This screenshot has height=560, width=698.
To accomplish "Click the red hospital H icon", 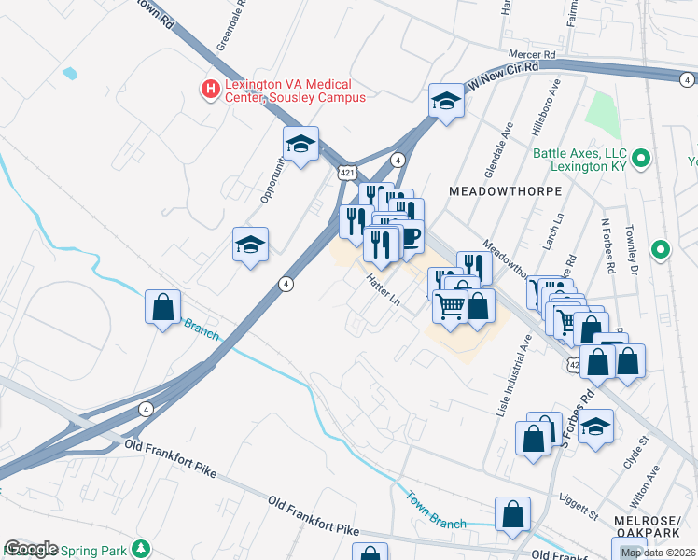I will [x=210, y=89].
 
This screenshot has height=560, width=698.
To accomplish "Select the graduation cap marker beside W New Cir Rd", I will [x=447, y=101].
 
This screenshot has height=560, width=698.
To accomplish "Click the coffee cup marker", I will [x=410, y=234].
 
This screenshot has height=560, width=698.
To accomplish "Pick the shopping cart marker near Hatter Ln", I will [x=451, y=306].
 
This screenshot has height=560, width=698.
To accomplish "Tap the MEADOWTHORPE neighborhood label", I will [x=505, y=190].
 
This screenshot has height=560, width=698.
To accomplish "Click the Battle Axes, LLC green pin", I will [x=640, y=158].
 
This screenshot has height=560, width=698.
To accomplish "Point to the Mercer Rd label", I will [x=531, y=55].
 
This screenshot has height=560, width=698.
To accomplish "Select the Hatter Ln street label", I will [x=383, y=290].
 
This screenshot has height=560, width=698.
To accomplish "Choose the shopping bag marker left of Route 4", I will [x=163, y=307].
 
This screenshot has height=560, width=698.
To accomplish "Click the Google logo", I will [x=30, y=549].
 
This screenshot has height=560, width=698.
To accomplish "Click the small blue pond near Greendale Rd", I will [x=68, y=72].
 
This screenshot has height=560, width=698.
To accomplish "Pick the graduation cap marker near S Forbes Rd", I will [x=595, y=427].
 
